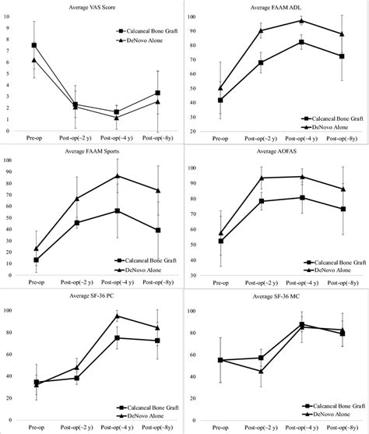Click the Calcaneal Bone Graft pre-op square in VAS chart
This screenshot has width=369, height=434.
click(34, 45)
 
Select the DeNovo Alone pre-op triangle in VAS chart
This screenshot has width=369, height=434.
click(34, 60)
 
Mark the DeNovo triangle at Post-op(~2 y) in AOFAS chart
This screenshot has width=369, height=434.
click(262, 178)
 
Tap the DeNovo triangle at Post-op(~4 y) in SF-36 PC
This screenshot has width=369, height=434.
click(117, 316)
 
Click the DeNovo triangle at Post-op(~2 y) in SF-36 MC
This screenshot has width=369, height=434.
click(262, 371)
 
